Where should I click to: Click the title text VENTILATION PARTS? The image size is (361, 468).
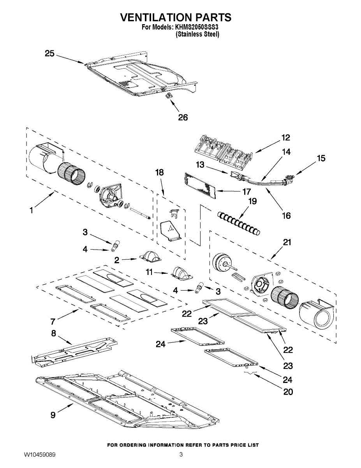click(x=175, y=18)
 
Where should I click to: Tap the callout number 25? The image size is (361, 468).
click(x=49, y=53)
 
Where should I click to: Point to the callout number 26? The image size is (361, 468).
click(x=183, y=117)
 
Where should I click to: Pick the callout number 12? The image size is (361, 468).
click(x=286, y=138)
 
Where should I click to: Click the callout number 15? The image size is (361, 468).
click(x=321, y=158)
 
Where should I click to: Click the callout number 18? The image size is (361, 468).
click(x=160, y=172)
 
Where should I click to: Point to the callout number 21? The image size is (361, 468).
click(x=287, y=242)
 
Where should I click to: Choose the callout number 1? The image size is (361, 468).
click(x=31, y=211)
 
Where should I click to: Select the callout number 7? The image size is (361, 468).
click(x=52, y=322)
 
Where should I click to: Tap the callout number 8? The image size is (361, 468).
click(x=54, y=333)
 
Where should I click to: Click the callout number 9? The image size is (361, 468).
click(x=53, y=415)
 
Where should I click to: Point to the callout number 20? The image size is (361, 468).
click(x=288, y=392)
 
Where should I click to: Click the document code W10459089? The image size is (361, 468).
click(x=39, y=455)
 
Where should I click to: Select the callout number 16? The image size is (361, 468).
click(x=286, y=215)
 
